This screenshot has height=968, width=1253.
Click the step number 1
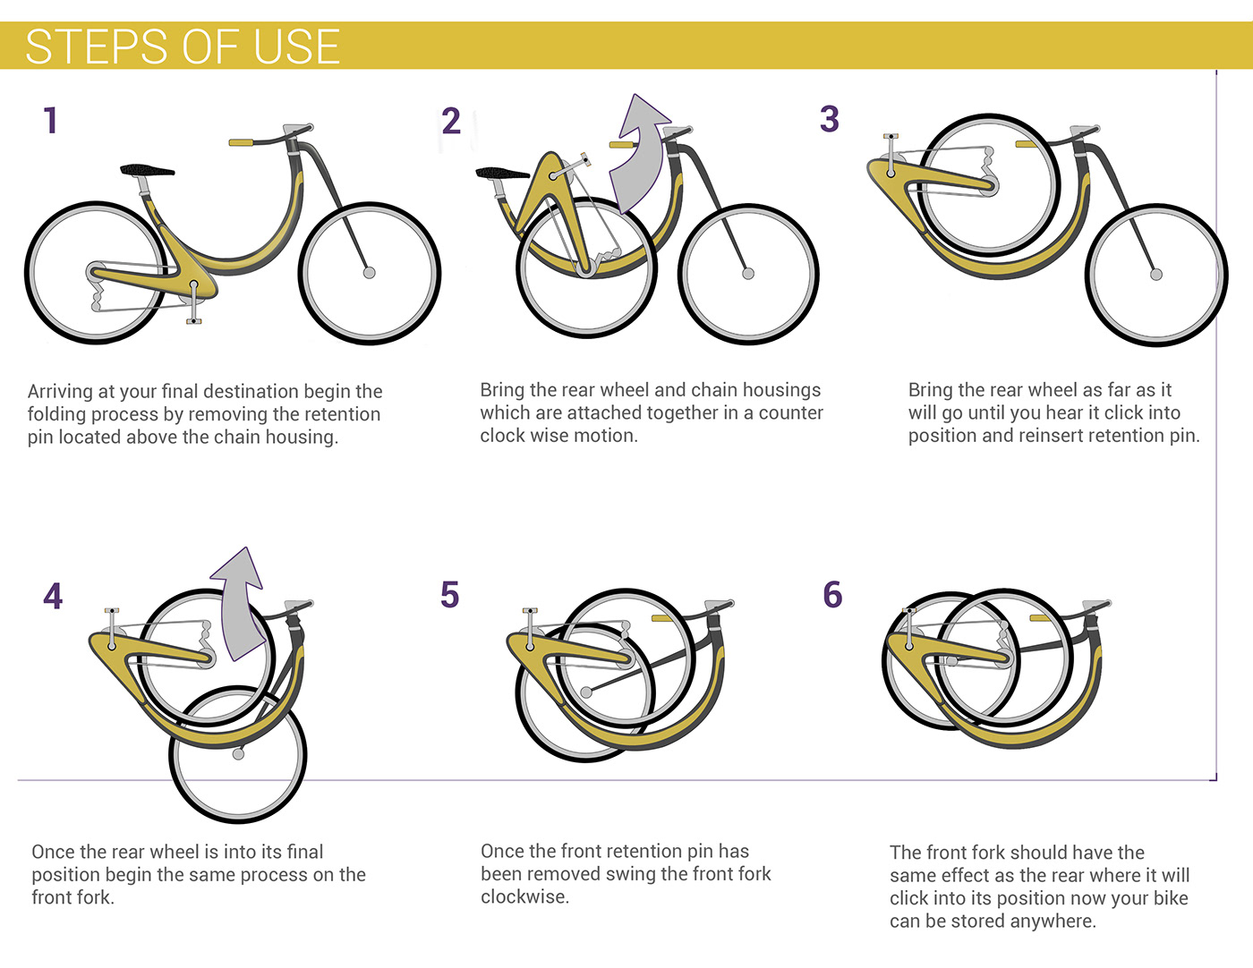(51, 121)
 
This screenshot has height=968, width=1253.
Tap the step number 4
(53, 597)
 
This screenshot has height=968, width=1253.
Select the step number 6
(832, 595)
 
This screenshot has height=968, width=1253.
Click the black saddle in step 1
(147, 169)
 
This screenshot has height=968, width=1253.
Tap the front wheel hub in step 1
(369, 272)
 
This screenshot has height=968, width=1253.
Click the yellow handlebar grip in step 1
(241, 142)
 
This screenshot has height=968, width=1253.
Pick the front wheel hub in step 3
(1155, 275)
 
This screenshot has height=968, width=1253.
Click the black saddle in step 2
(502, 173)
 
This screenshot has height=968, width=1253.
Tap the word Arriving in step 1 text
(61, 392)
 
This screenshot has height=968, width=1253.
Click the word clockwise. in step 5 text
(524, 896)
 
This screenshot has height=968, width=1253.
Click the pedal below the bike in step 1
(193, 319)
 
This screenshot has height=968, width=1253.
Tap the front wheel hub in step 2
(748, 274)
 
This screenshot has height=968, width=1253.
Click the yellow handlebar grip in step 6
(1041, 618)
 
